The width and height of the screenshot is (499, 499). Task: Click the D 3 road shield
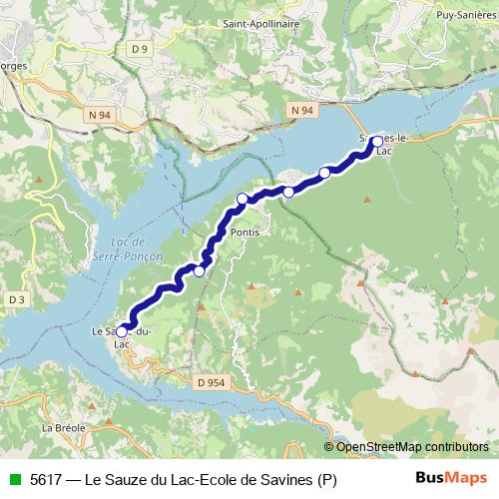coord(15,299)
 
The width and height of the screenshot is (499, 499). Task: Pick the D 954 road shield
coord(211,381)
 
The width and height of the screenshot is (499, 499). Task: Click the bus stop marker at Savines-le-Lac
coord(377,141)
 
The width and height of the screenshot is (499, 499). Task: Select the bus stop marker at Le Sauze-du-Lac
coord(122,331)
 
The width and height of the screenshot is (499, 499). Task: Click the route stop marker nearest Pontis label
coord(243,199)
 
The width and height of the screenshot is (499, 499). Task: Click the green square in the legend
coord(14,479)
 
